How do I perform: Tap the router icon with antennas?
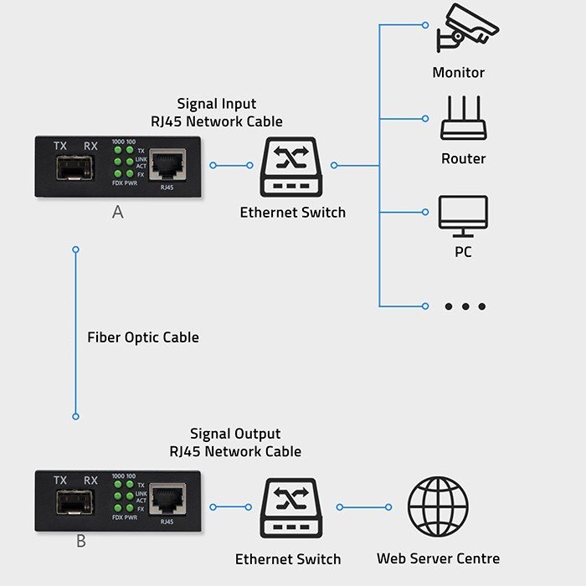click(463, 120)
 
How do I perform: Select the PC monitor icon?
click(463, 216)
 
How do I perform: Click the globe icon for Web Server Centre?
click(438, 506)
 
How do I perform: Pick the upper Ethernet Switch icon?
click(292, 167)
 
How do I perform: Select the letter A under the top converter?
click(118, 213)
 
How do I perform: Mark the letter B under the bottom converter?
click(81, 541)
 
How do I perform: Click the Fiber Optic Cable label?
click(143, 337)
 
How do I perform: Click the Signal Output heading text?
click(234, 434)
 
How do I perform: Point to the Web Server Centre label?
click(438, 558)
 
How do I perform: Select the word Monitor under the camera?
click(458, 72)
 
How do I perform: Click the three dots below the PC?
click(465, 306)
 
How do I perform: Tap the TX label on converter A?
click(60, 146)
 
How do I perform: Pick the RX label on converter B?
click(90, 481)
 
